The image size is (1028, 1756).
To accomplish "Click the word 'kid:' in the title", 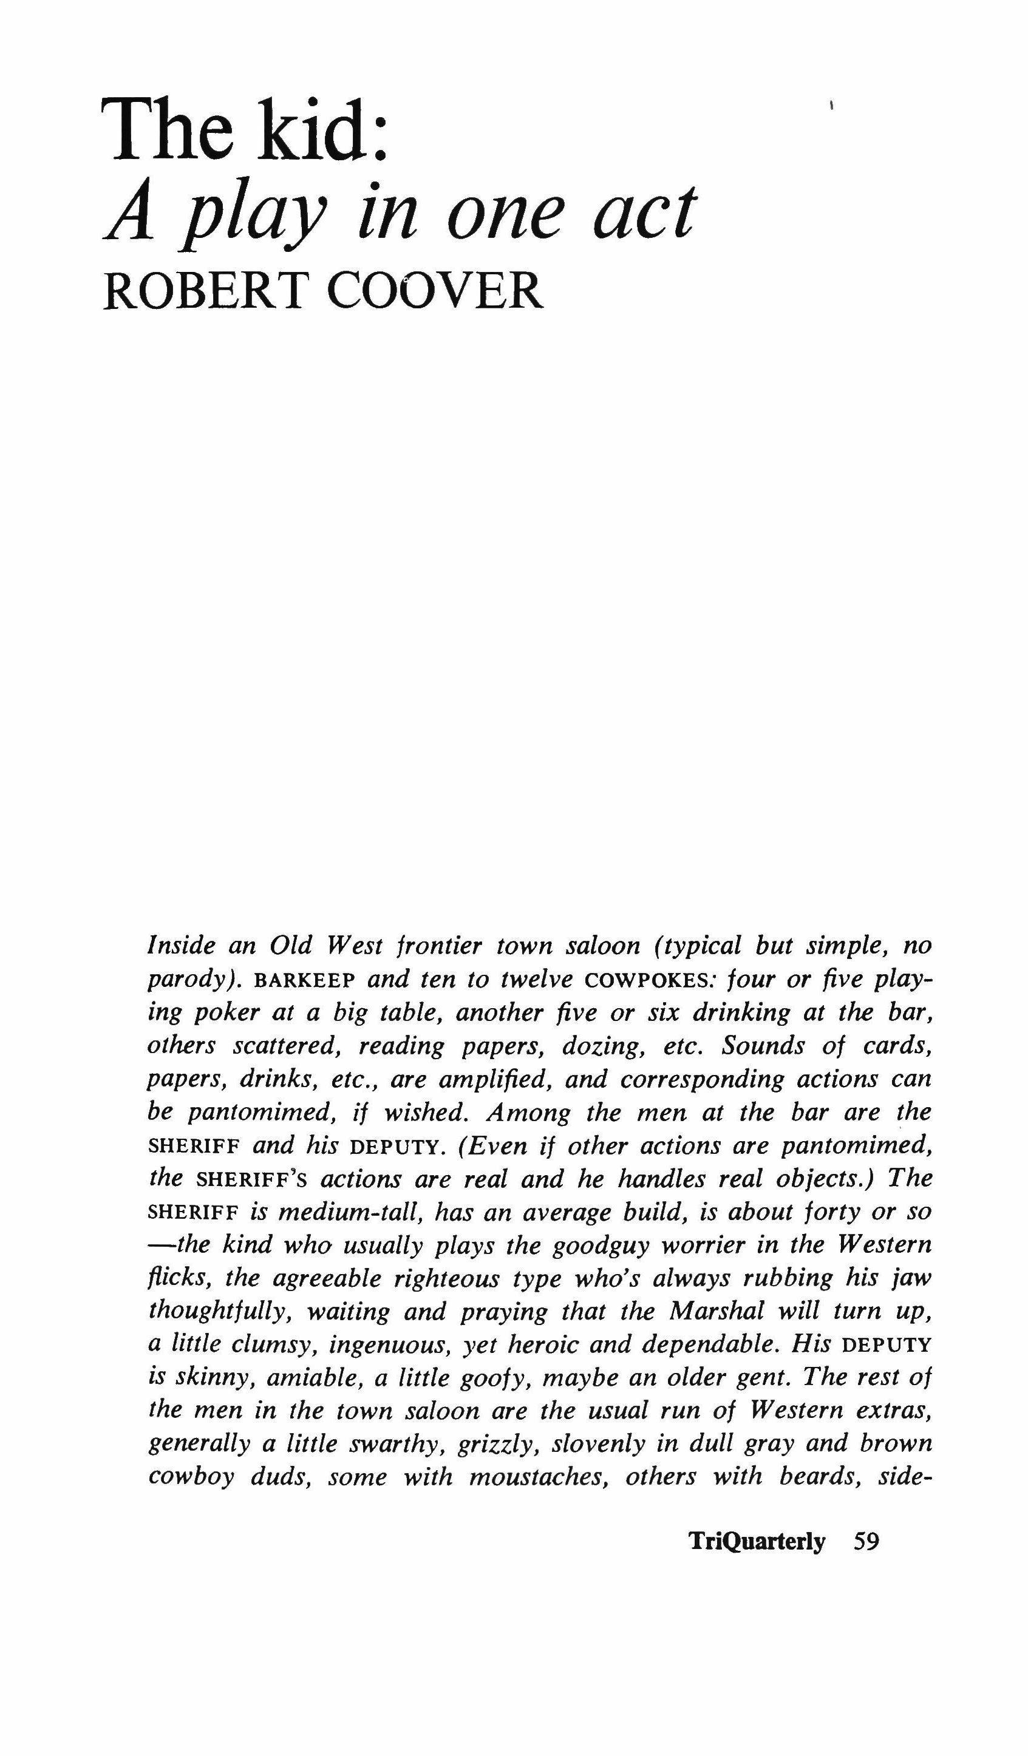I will pyautogui.click(x=322, y=131).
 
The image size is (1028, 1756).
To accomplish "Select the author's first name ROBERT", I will pyautogui.click(x=203, y=291).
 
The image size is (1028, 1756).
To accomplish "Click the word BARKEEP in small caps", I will pyautogui.click(x=306, y=981).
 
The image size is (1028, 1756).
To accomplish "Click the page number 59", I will pyautogui.click(x=866, y=1541).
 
